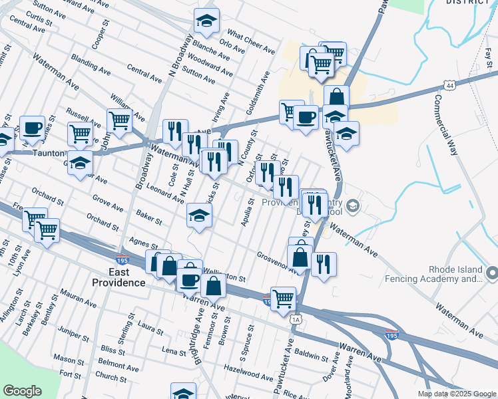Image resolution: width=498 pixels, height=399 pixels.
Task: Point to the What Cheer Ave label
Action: point(251,41)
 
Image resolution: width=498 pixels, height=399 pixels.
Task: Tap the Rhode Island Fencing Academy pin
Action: point(492,273)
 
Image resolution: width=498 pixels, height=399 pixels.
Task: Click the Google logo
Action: point(22,391)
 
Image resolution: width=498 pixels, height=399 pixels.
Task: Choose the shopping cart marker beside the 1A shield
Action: point(284,299)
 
